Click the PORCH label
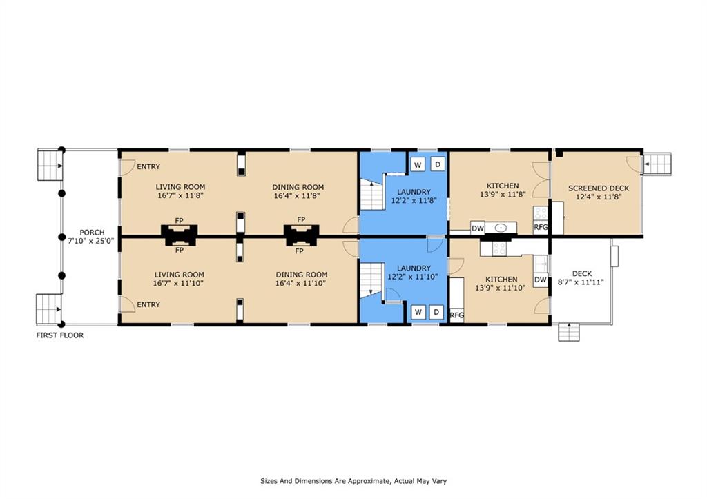pyautogui.click(x=92, y=233)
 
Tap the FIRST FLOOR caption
pyautogui.click(x=60, y=335)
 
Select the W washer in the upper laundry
pyautogui.click(x=418, y=165)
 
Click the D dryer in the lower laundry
pyautogui.click(x=436, y=312)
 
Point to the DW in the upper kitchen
pyautogui.click(x=478, y=228)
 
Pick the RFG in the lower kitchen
pyautogui.click(x=457, y=315)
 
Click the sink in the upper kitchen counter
pyautogui.click(x=501, y=228)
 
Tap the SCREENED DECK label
pyautogui.click(x=599, y=188)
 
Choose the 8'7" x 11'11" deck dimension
pyautogui.click(x=581, y=283)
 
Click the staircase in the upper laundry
pyautogui.click(x=371, y=194)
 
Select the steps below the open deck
pyautogui.click(x=569, y=332)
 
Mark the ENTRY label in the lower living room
pyautogui.click(x=148, y=305)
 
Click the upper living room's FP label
pyautogui.click(x=179, y=220)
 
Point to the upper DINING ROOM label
pyautogui.click(x=298, y=187)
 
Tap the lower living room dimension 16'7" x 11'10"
pyautogui.click(x=179, y=284)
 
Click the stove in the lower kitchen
pyautogui.click(x=499, y=248)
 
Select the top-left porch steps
pyautogui.click(x=50, y=166)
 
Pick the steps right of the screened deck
pyautogui.click(x=657, y=164)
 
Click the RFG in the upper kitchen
pyautogui.click(x=541, y=227)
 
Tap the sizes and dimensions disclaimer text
pyautogui.click(x=353, y=481)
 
